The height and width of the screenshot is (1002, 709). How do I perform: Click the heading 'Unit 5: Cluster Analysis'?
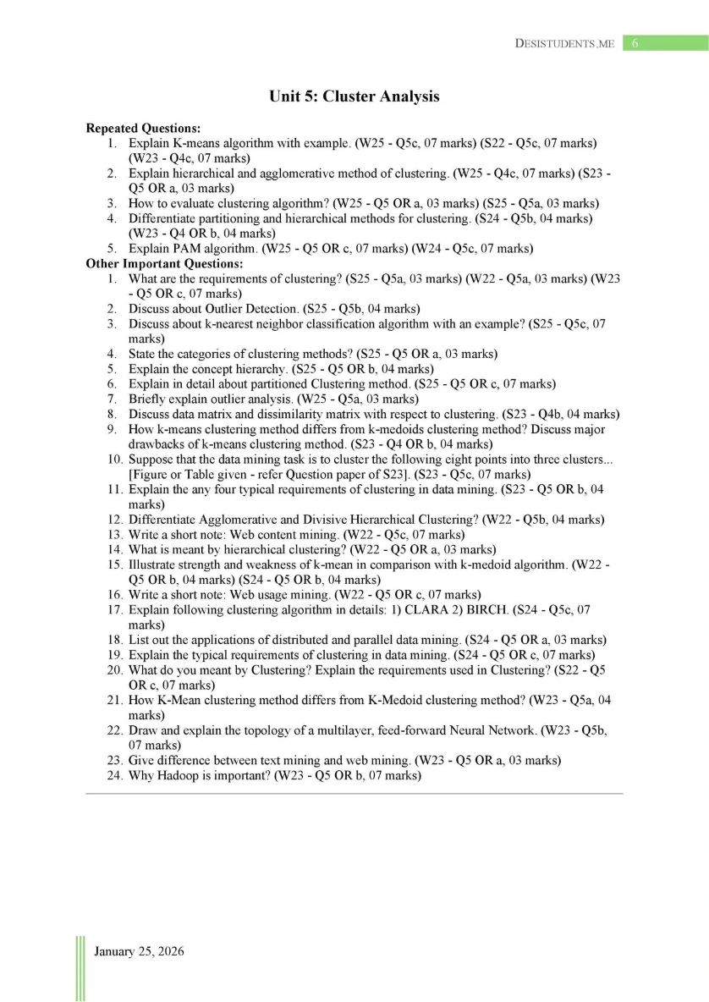pyautogui.click(x=354, y=96)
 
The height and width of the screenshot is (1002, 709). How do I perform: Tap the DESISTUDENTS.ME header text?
pyautogui.click(x=564, y=43)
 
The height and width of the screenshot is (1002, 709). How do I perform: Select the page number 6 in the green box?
pyautogui.click(x=635, y=43)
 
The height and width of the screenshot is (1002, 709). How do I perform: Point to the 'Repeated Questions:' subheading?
pyautogui.click(x=143, y=129)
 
